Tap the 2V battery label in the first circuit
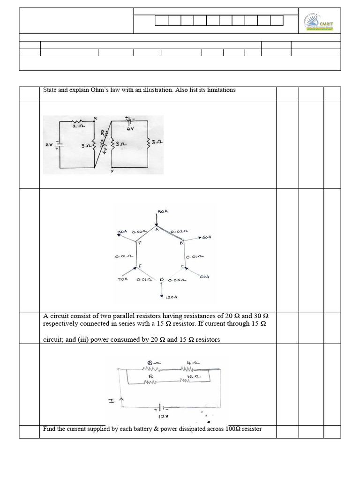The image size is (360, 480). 48,145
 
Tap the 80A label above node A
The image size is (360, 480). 163,212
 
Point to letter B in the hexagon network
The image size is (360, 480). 180,243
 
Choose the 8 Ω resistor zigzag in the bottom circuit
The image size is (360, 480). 150,369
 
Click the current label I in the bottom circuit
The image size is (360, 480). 112,401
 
